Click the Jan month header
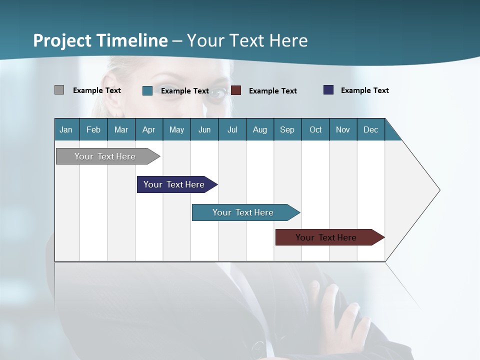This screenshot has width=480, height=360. click(66, 129)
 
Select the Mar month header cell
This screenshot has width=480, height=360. click(121, 129)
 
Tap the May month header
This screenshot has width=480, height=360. click(176, 129)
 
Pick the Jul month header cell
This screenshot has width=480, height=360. click(232, 129)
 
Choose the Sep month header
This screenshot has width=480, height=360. click(287, 129)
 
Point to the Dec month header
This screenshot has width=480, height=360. click(370, 129)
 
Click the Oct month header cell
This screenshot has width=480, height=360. click(315, 129)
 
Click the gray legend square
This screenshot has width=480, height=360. click(59, 90)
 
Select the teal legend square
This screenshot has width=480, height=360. click(147, 90)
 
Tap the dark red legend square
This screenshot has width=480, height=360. click(236, 90)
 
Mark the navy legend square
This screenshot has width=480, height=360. click(328, 90)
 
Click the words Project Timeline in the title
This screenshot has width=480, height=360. click(100, 40)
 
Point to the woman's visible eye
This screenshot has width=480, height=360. click(216, 94)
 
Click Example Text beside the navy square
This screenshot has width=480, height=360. click(364, 90)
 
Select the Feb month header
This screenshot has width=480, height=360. click(93, 129)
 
